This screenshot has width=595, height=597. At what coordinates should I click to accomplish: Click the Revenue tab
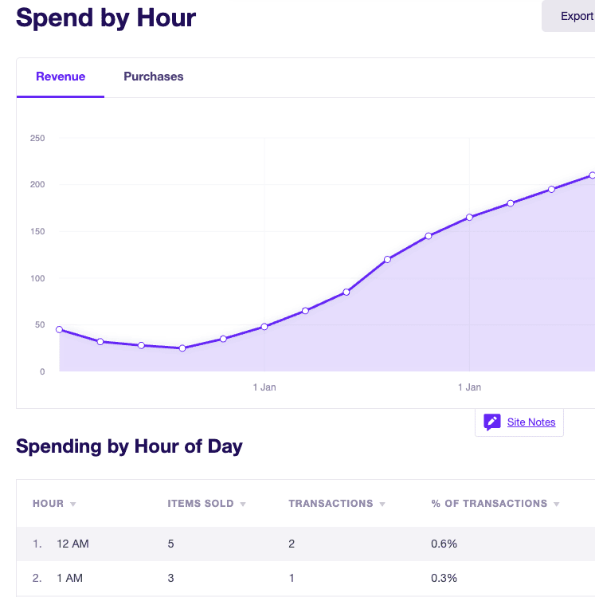[61, 77]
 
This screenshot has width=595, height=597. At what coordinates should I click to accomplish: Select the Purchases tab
[153, 77]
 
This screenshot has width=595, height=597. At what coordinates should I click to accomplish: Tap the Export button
[569, 16]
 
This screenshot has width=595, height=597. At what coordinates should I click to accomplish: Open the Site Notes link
[531, 422]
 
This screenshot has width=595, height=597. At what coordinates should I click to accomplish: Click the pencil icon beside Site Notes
[492, 422]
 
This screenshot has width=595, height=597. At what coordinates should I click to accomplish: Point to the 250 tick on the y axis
[37, 138]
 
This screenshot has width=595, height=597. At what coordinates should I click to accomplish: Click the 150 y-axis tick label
[37, 231]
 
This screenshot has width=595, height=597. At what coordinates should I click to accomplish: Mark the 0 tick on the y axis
[42, 371]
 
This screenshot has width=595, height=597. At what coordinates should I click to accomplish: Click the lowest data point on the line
[182, 348]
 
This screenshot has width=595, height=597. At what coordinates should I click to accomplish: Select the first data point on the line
[60, 329]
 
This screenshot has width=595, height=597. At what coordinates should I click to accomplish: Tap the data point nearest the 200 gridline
[552, 189]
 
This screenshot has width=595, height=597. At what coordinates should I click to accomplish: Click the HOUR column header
[48, 503]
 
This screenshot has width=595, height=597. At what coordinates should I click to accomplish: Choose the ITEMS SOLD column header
[201, 503]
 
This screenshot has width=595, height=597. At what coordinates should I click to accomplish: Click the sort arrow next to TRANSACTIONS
[382, 504]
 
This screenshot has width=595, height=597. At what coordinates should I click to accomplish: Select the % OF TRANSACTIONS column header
[489, 503]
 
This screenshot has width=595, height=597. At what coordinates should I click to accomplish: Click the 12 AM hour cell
[72, 544]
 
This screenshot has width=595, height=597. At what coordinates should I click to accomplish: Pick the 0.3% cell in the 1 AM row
[444, 578]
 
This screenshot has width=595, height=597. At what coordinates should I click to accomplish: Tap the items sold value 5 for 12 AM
[170, 544]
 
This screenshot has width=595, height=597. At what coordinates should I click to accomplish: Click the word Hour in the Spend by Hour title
[166, 18]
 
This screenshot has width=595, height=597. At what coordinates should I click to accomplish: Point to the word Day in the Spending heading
[225, 446]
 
